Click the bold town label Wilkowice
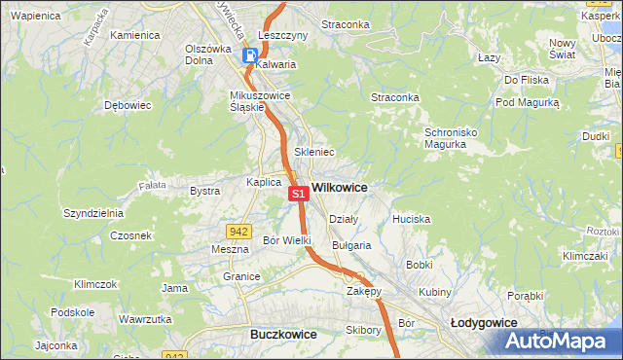point(340,186)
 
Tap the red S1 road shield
point(299,194)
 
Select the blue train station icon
point(250,55)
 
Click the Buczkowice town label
point(283,334)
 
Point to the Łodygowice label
point(484,322)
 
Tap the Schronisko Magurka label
point(452,138)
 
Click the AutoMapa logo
point(558,342)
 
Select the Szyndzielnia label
point(92,212)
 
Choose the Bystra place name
point(204,192)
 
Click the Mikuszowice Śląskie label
point(247,101)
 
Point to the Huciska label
point(411,219)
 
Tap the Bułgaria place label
point(351,245)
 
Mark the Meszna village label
point(230,249)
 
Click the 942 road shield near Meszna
point(238,231)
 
